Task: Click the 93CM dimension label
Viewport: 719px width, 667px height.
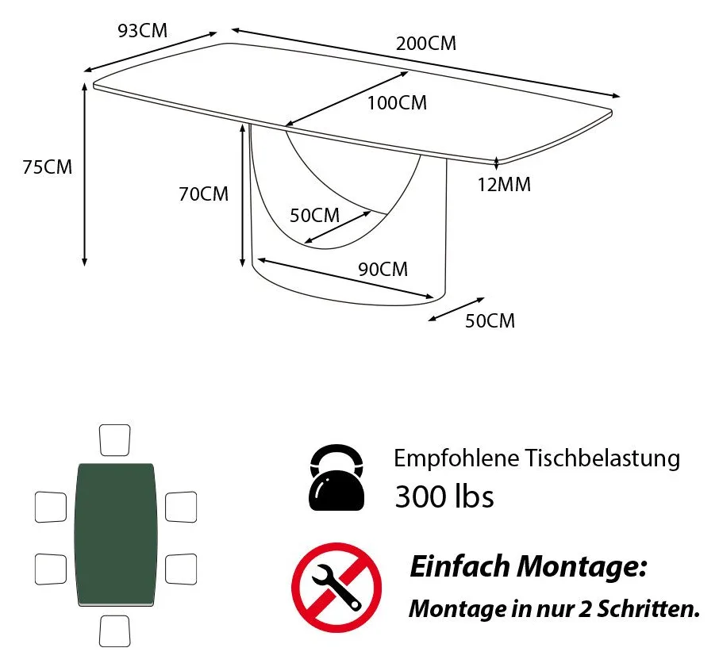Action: coord(143,31)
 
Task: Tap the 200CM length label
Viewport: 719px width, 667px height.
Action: coord(426,44)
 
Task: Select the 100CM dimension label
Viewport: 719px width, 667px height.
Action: coord(397,103)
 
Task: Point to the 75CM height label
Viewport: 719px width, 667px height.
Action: coord(48,167)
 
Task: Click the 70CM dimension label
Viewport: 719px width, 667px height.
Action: coord(204,194)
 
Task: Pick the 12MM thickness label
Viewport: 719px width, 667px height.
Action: coord(505,185)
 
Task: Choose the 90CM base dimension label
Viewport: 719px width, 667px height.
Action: coord(383,270)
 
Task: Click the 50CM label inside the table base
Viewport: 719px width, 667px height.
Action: coord(314,215)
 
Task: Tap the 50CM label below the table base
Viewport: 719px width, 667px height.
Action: coord(490,320)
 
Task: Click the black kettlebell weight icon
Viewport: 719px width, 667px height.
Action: coord(337,477)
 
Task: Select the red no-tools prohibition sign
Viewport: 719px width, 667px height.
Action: coord(336,588)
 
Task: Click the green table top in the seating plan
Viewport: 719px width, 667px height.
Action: coord(116,535)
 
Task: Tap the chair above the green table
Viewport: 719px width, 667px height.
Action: coord(114,440)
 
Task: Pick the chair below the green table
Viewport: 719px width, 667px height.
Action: coord(114,631)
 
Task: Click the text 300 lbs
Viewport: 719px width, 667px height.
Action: coord(444,496)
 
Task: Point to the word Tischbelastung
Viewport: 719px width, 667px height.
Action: coord(602,458)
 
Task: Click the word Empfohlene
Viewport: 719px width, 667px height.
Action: coord(456,458)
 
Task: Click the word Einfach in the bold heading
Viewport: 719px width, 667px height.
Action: coord(459,566)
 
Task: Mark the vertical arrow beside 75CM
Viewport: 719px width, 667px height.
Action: coord(84,174)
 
